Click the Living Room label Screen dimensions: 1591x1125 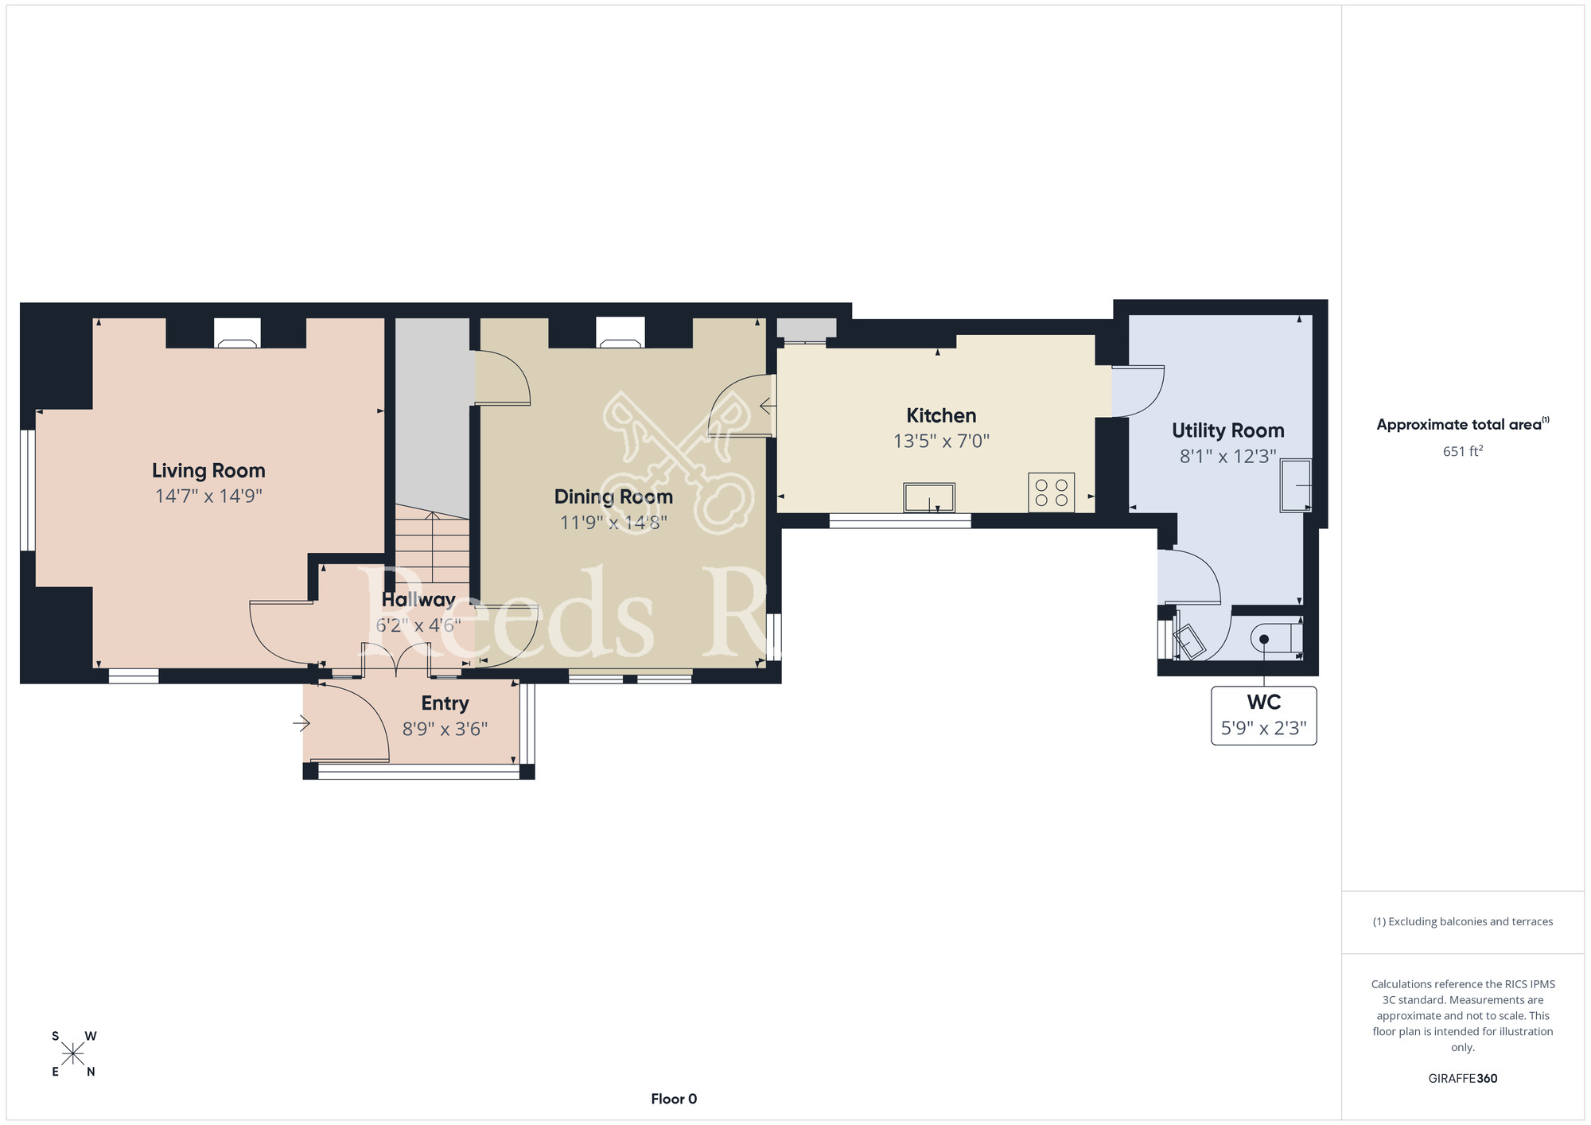coord(208,471)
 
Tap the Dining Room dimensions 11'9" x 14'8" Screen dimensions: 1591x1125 coord(613,523)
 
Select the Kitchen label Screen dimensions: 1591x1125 coord(941,415)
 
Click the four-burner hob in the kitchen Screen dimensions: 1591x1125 coord(1051,492)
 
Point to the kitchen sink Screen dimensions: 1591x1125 coord(929,498)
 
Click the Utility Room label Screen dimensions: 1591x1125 coord(1227,430)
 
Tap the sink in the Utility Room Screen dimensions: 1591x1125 coord(1295,485)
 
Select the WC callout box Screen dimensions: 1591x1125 coord(1263,716)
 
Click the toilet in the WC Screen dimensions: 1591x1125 coord(1276,639)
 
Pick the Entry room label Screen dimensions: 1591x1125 coord(445,703)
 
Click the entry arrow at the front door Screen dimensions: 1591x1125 coord(301,723)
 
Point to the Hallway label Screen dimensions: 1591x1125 coord(418,600)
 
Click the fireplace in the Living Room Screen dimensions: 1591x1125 coord(237,333)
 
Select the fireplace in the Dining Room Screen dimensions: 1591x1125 coord(620,333)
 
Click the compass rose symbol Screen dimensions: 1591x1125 coord(73,1054)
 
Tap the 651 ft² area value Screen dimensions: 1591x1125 coord(1463,451)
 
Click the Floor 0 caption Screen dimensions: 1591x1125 coord(674,1099)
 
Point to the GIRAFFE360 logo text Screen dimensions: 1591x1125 coord(1463,1079)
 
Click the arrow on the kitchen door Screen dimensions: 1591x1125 coord(768,407)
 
